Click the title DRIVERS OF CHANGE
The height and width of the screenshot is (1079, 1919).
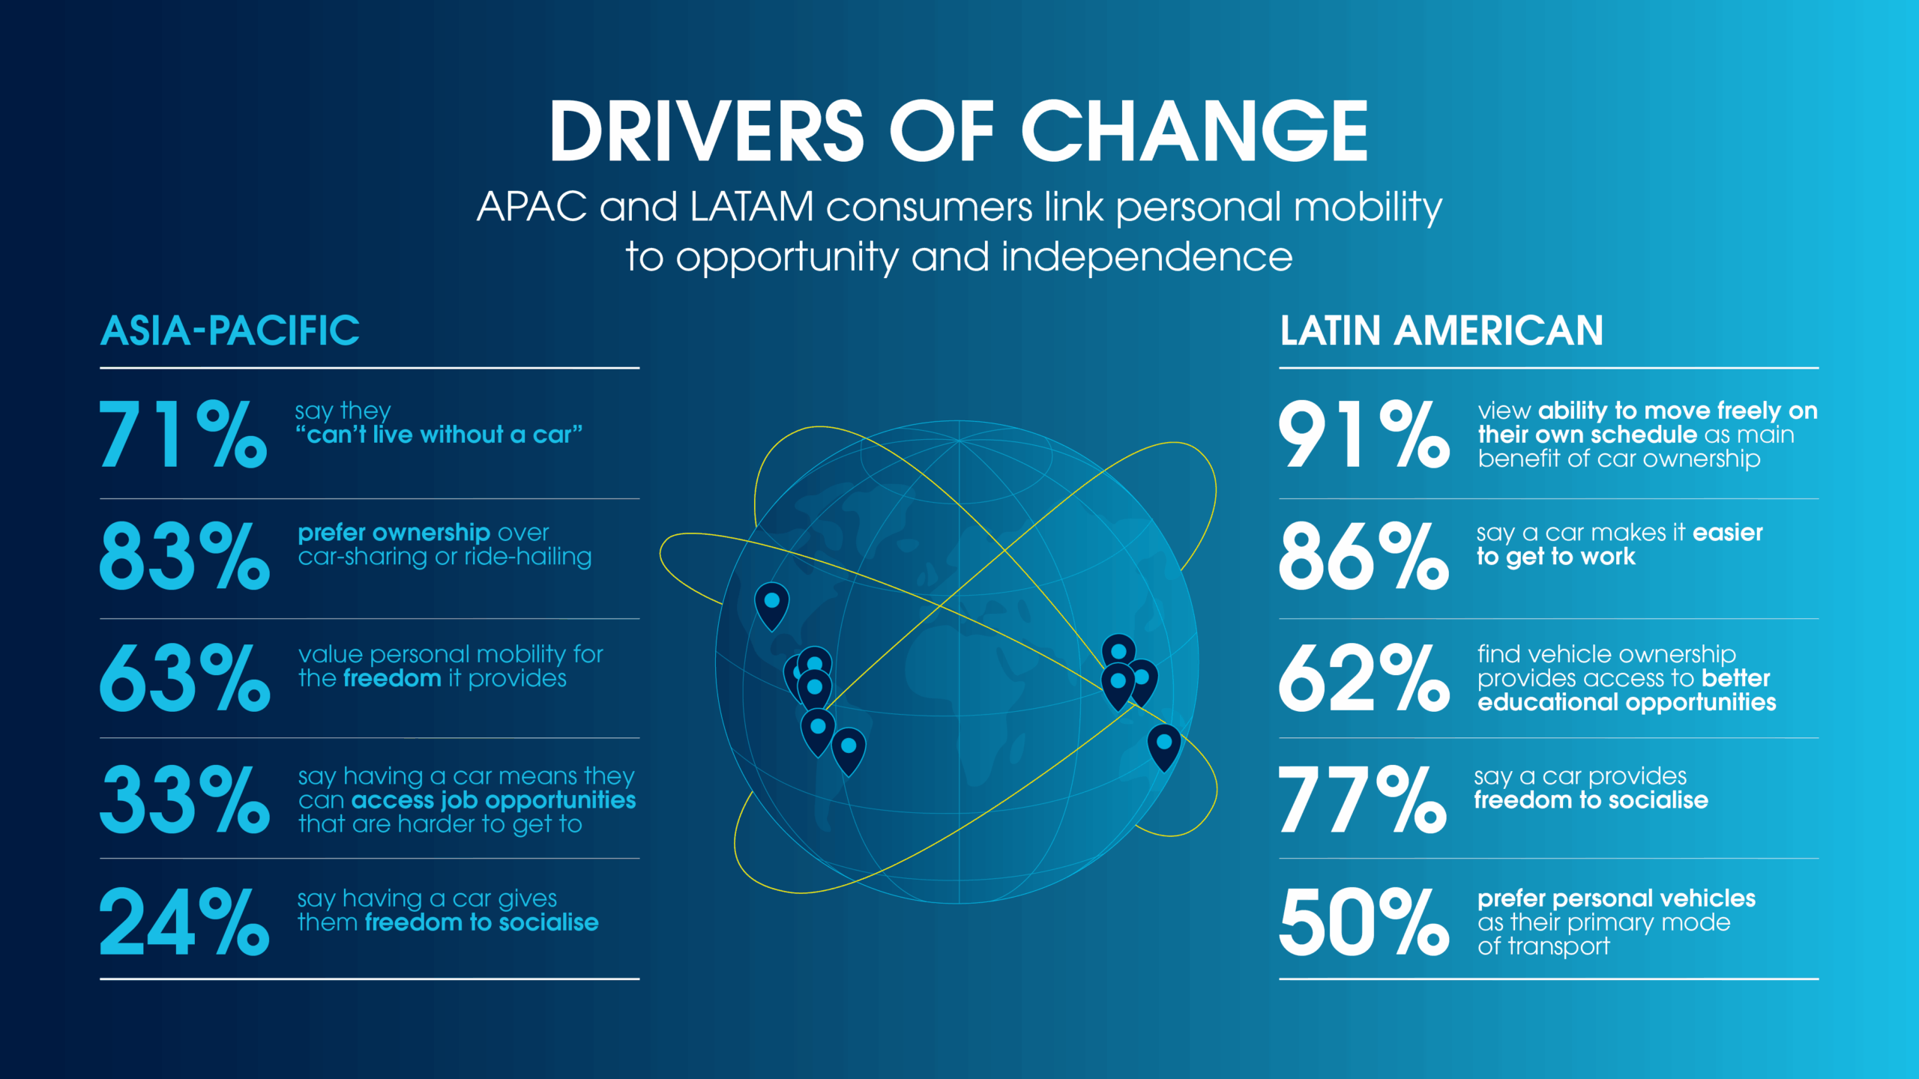coord(959,131)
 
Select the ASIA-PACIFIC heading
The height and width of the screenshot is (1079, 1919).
coord(230,330)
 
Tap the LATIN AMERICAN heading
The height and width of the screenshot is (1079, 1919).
coord(1441,330)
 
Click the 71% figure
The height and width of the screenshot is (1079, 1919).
coord(183,434)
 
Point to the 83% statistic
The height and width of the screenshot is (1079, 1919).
coord(184,556)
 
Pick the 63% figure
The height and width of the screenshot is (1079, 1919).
coord(184,678)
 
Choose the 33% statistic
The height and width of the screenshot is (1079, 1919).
coord(184,800)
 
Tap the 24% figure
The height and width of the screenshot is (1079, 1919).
coord(184,922)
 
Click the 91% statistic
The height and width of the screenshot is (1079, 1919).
coord(1364,434)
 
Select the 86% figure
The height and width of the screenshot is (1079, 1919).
coord(1364,556)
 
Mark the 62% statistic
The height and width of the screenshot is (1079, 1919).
coord(1364,678)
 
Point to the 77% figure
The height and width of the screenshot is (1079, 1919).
coord(1363,800)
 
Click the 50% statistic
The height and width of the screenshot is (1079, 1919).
coord(1364,922)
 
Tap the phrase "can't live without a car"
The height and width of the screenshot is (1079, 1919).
coord(439,435)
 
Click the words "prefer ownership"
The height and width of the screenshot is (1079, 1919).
coord(394,533)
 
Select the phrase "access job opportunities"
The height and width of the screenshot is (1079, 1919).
coord(493,800)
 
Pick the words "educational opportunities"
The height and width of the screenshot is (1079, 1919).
coord(1627,702)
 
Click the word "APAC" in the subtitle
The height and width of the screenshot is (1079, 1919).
coord(532,207)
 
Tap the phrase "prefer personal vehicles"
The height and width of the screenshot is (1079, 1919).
coord(1616,898)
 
